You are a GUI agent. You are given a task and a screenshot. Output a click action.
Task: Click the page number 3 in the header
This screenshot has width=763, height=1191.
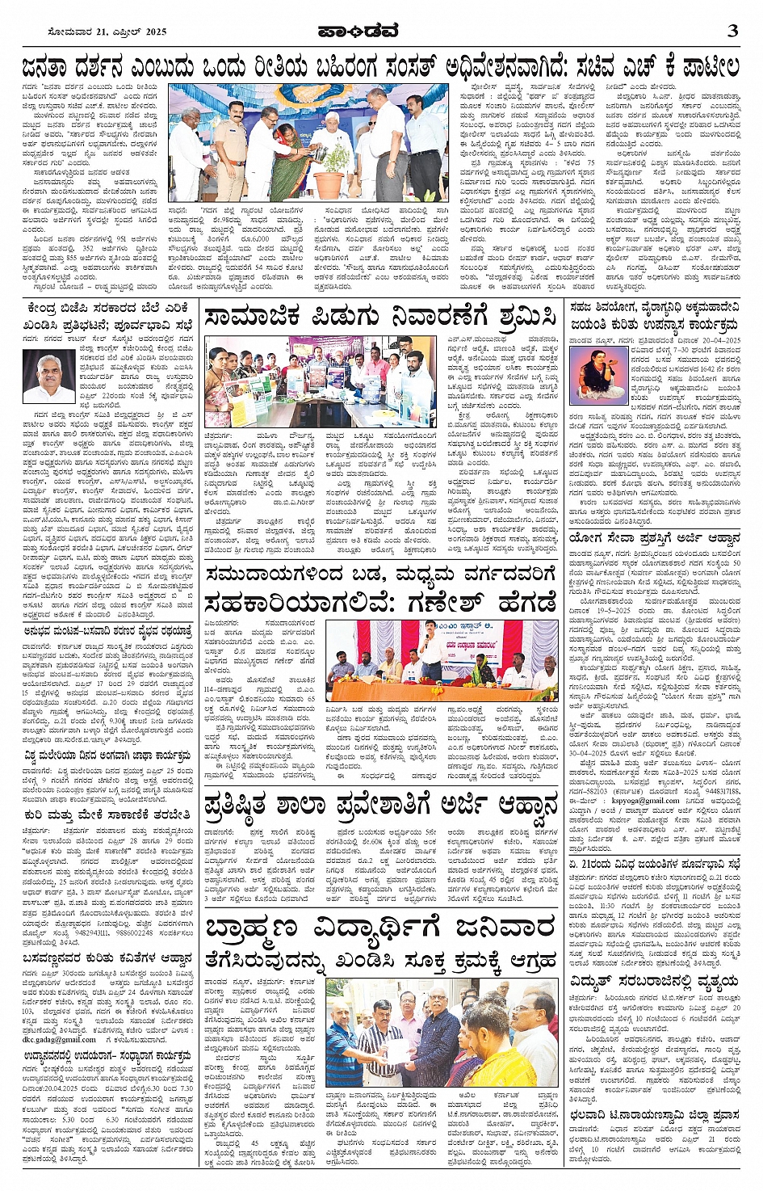[x=732, y=32]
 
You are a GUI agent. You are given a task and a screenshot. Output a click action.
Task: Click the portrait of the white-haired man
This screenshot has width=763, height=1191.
[x=48, y=377]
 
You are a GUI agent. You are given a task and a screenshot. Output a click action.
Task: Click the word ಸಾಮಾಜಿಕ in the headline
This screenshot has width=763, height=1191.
[x=252, y=317]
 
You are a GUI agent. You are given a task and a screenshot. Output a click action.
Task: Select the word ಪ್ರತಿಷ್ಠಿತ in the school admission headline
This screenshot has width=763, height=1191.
[x=252, y=805]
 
